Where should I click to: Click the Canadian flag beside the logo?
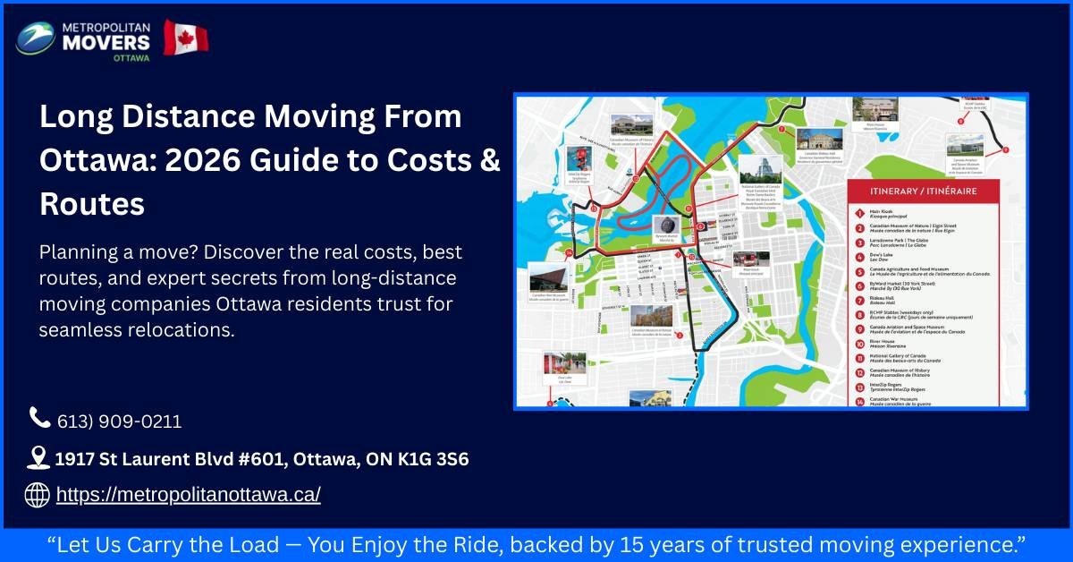click(x=185, y=38)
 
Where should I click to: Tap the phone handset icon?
click(x=39, y=418)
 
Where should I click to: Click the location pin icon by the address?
click(x=38, y=458)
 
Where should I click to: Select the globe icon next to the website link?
click(x=37, y=494)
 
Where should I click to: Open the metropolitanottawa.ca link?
click(x=188, y=495)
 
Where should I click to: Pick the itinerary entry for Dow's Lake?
click(x=894, y=255)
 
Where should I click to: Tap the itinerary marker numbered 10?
click(x=858, y=341)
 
